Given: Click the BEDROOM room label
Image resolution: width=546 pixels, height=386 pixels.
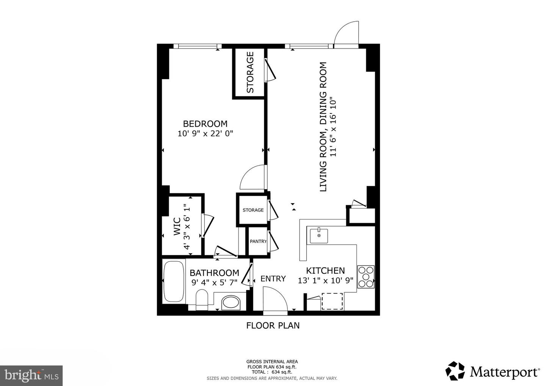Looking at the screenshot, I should pos(205,124).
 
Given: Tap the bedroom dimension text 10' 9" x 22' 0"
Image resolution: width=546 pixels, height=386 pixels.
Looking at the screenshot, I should pos(205,133).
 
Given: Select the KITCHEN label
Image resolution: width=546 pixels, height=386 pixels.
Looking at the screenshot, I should pos(325,271).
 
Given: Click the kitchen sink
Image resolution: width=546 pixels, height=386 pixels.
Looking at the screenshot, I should pos(319,235).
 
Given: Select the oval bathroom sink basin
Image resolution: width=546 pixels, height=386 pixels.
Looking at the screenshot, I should pos(231,303).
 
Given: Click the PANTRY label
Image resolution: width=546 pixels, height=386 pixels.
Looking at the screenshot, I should pos(258,242).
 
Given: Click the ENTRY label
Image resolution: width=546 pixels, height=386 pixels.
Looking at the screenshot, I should pos(273,279).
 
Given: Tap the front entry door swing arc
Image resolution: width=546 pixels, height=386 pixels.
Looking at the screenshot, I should pos(275,298).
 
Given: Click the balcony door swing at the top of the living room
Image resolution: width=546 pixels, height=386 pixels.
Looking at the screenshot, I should pos(347,33).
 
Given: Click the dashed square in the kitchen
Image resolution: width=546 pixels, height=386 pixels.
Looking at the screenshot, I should pos(332,301).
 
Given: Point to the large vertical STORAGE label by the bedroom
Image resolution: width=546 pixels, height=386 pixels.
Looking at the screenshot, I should pos(250,72).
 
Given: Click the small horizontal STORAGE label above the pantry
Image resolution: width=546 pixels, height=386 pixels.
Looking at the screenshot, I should pos(253,210).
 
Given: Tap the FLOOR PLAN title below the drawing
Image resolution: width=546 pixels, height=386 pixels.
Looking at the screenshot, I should pos(273,325).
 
